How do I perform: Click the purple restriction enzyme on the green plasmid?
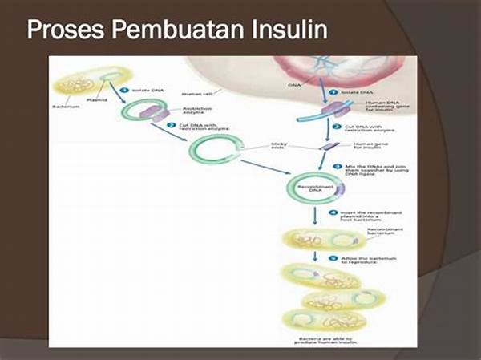[149, 113]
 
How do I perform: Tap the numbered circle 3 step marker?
[338, 165]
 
